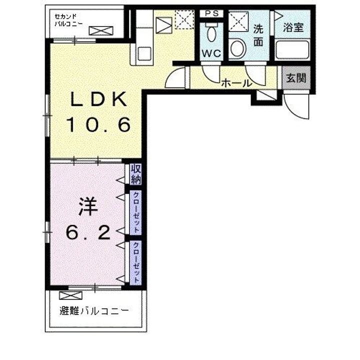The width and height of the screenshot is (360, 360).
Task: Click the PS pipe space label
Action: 211,13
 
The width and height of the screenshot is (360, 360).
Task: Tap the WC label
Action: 211,53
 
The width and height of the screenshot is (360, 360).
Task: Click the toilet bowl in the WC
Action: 211,34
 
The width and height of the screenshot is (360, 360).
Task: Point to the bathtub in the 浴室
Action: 292,49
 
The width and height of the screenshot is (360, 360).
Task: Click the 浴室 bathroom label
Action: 293,27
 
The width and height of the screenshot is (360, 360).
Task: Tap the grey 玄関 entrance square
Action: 296,78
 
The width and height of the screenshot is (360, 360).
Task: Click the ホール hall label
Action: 236,83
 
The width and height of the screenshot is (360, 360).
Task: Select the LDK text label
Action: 98,99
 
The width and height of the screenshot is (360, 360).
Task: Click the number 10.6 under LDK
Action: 98,124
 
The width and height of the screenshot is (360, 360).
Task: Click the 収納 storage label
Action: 135,174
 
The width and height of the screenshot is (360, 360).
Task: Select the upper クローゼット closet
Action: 135,212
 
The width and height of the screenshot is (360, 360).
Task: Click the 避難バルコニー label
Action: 94,311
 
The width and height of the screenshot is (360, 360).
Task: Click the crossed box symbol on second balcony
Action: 101,31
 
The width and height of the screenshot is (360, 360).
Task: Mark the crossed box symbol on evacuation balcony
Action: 70,295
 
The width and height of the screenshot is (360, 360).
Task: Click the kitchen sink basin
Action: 144,53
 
